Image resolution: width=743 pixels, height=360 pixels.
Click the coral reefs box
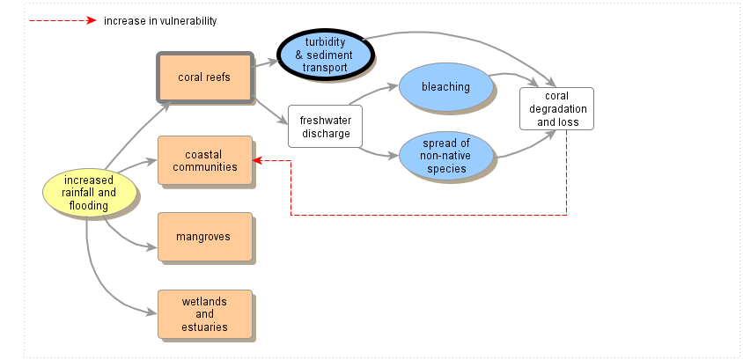pos(204,77)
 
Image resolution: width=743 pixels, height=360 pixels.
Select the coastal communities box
pos(204,160)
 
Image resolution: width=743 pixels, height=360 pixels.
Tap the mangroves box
pos(204,237)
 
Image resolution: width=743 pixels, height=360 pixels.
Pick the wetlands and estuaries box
pos(204,314)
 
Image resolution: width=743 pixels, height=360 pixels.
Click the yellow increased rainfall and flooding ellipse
pos(89,194)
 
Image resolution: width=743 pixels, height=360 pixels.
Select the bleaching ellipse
pos(445,87)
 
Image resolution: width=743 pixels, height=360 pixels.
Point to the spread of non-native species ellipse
pos(445,156)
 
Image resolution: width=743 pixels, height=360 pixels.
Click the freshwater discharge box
pos(325,127)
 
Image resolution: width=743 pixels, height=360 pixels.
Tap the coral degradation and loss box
pos(556,108)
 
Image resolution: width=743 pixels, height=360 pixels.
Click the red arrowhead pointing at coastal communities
pos(256,160)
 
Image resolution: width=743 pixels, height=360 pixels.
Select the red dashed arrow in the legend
pos(62,20)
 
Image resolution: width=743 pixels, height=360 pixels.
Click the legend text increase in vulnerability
pos(160,20)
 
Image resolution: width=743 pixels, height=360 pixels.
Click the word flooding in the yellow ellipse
pos(89,206)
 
